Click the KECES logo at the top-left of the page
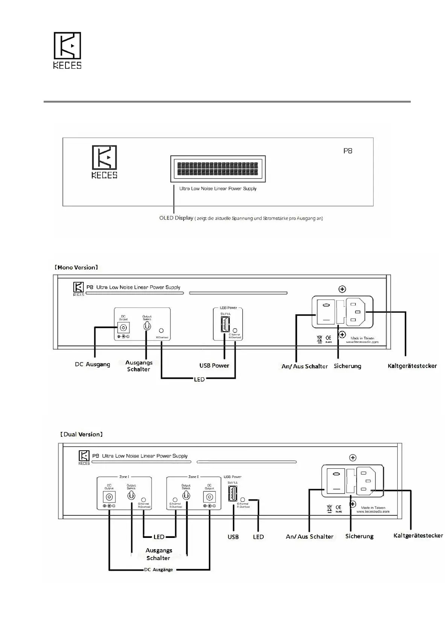[67, 50]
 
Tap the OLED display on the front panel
[218, 168]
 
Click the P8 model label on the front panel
[348, 151]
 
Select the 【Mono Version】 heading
[76, 268]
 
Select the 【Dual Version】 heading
[81, 435]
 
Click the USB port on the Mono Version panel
[225, 324]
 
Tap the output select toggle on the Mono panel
[147, 326]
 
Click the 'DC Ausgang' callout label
[93, 364]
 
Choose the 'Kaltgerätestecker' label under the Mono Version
[412, 366]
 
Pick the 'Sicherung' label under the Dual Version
[359, 536]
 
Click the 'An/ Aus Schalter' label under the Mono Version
[305, 366]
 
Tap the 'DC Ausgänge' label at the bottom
[158, 570]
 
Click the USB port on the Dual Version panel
[232, 494]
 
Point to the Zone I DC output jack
[109, 497]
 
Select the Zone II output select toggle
[186, 496]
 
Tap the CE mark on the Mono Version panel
[328, 338]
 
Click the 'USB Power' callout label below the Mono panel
[214, 365]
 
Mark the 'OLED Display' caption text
[176, 218]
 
